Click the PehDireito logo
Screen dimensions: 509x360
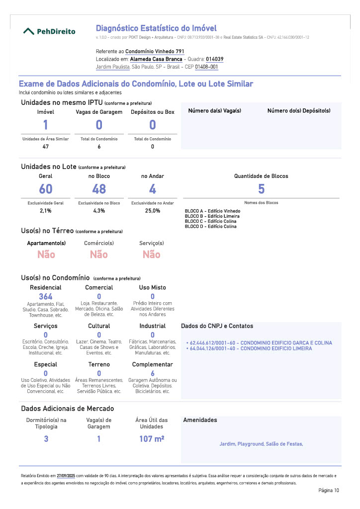tap(50, 31)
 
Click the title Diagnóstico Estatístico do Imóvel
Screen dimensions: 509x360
tap(156, 28)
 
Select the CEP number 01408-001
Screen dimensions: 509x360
tap(206, 67)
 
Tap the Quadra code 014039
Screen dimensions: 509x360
tap(214, 59)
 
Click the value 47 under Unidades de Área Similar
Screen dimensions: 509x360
tap(46, 147)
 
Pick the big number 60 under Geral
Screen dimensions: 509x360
tap(46, 189)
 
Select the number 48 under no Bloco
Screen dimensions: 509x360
tap(99, 189)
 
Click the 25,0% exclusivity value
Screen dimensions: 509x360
tap(152, 211)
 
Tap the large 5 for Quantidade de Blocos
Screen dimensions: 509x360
tap(261, 189)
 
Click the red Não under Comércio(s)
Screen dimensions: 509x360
tap(99, 254)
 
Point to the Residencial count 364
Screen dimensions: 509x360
tap(46, 297)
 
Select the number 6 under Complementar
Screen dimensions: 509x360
tap(153, 373)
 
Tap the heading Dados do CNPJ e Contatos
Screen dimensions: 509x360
tap(217, 326)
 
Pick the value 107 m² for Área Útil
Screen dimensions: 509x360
tap(152, 439)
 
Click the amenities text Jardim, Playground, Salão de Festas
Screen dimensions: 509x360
tap(261, 444)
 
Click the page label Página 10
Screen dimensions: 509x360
tap(329, 491)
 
